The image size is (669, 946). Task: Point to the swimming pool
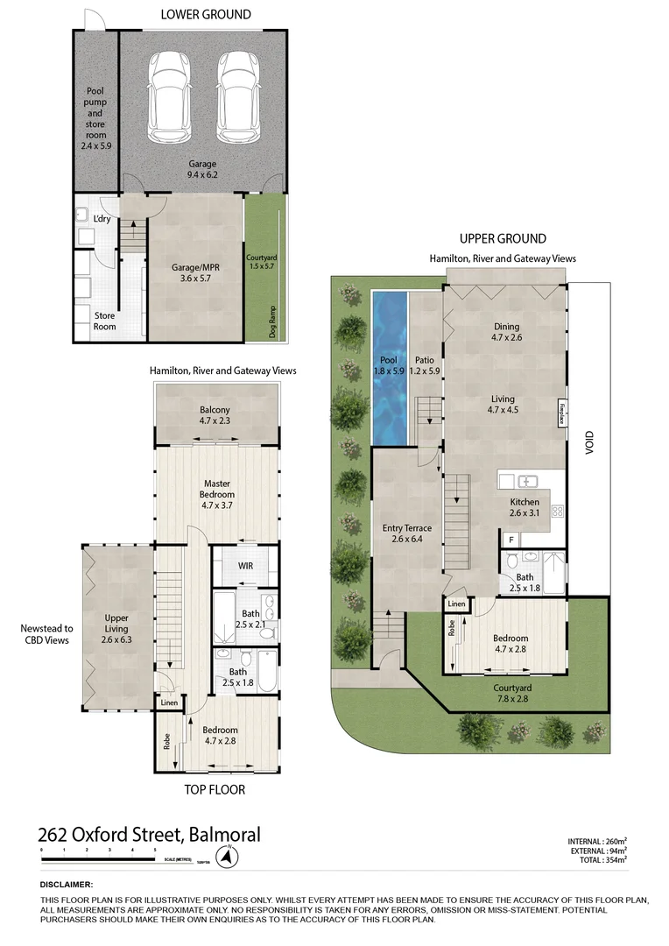(x=390, y=368)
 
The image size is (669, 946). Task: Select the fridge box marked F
(x=511, y=541)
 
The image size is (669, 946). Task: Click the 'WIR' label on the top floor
(x=246, y=566)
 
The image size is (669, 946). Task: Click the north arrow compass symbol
(x=228, y=857)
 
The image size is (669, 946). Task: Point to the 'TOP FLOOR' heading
(x=215, y=789)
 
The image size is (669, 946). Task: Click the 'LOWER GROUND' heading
(x=206, y=14)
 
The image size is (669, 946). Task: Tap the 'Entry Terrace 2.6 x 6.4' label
(x=407, y=533)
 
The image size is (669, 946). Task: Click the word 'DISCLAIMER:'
(x=67, y=886)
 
